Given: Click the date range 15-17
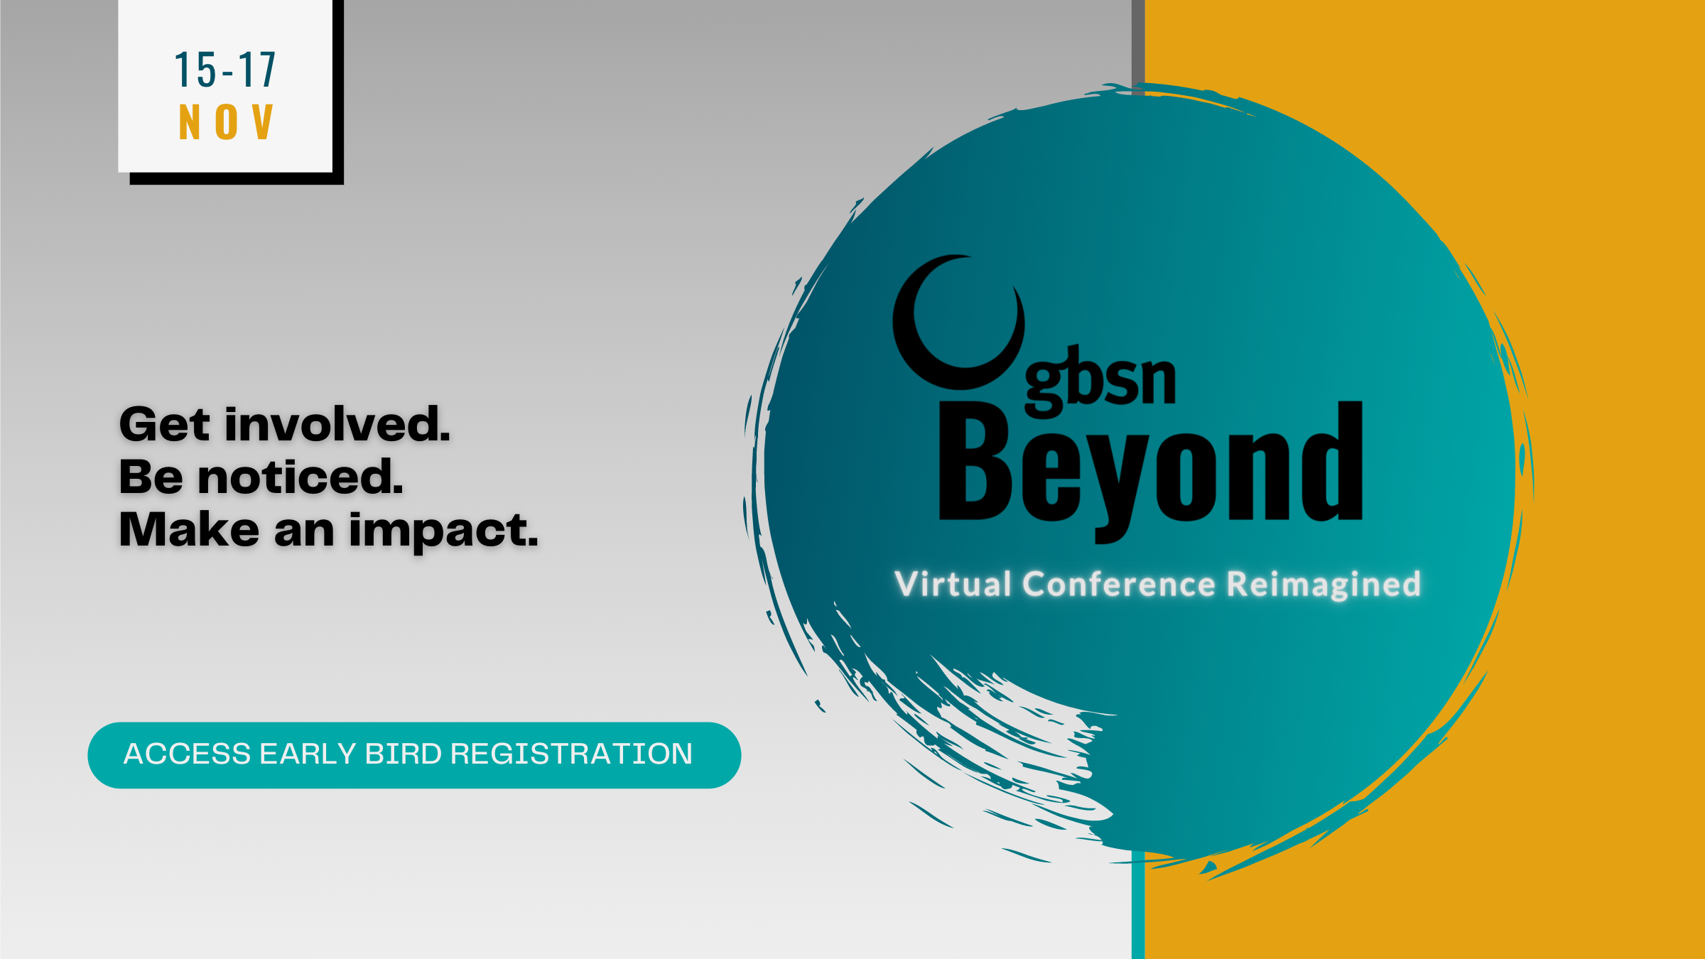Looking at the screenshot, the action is [225, 70].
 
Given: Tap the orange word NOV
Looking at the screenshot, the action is [226, 121].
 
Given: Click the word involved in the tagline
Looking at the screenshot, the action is [337, 424].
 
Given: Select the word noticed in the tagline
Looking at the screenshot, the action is [301, 477].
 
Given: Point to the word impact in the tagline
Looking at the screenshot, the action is [444, 531].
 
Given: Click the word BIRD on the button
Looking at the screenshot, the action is [404, 754].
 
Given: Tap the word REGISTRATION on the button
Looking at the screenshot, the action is [571, 754].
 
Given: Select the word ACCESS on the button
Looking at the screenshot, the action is [188, 754].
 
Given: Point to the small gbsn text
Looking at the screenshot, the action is [1100, 381].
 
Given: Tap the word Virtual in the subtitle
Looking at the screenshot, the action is [953, 584].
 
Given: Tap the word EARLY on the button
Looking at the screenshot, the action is [308, 754].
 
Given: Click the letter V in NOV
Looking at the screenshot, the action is [263, 121].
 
